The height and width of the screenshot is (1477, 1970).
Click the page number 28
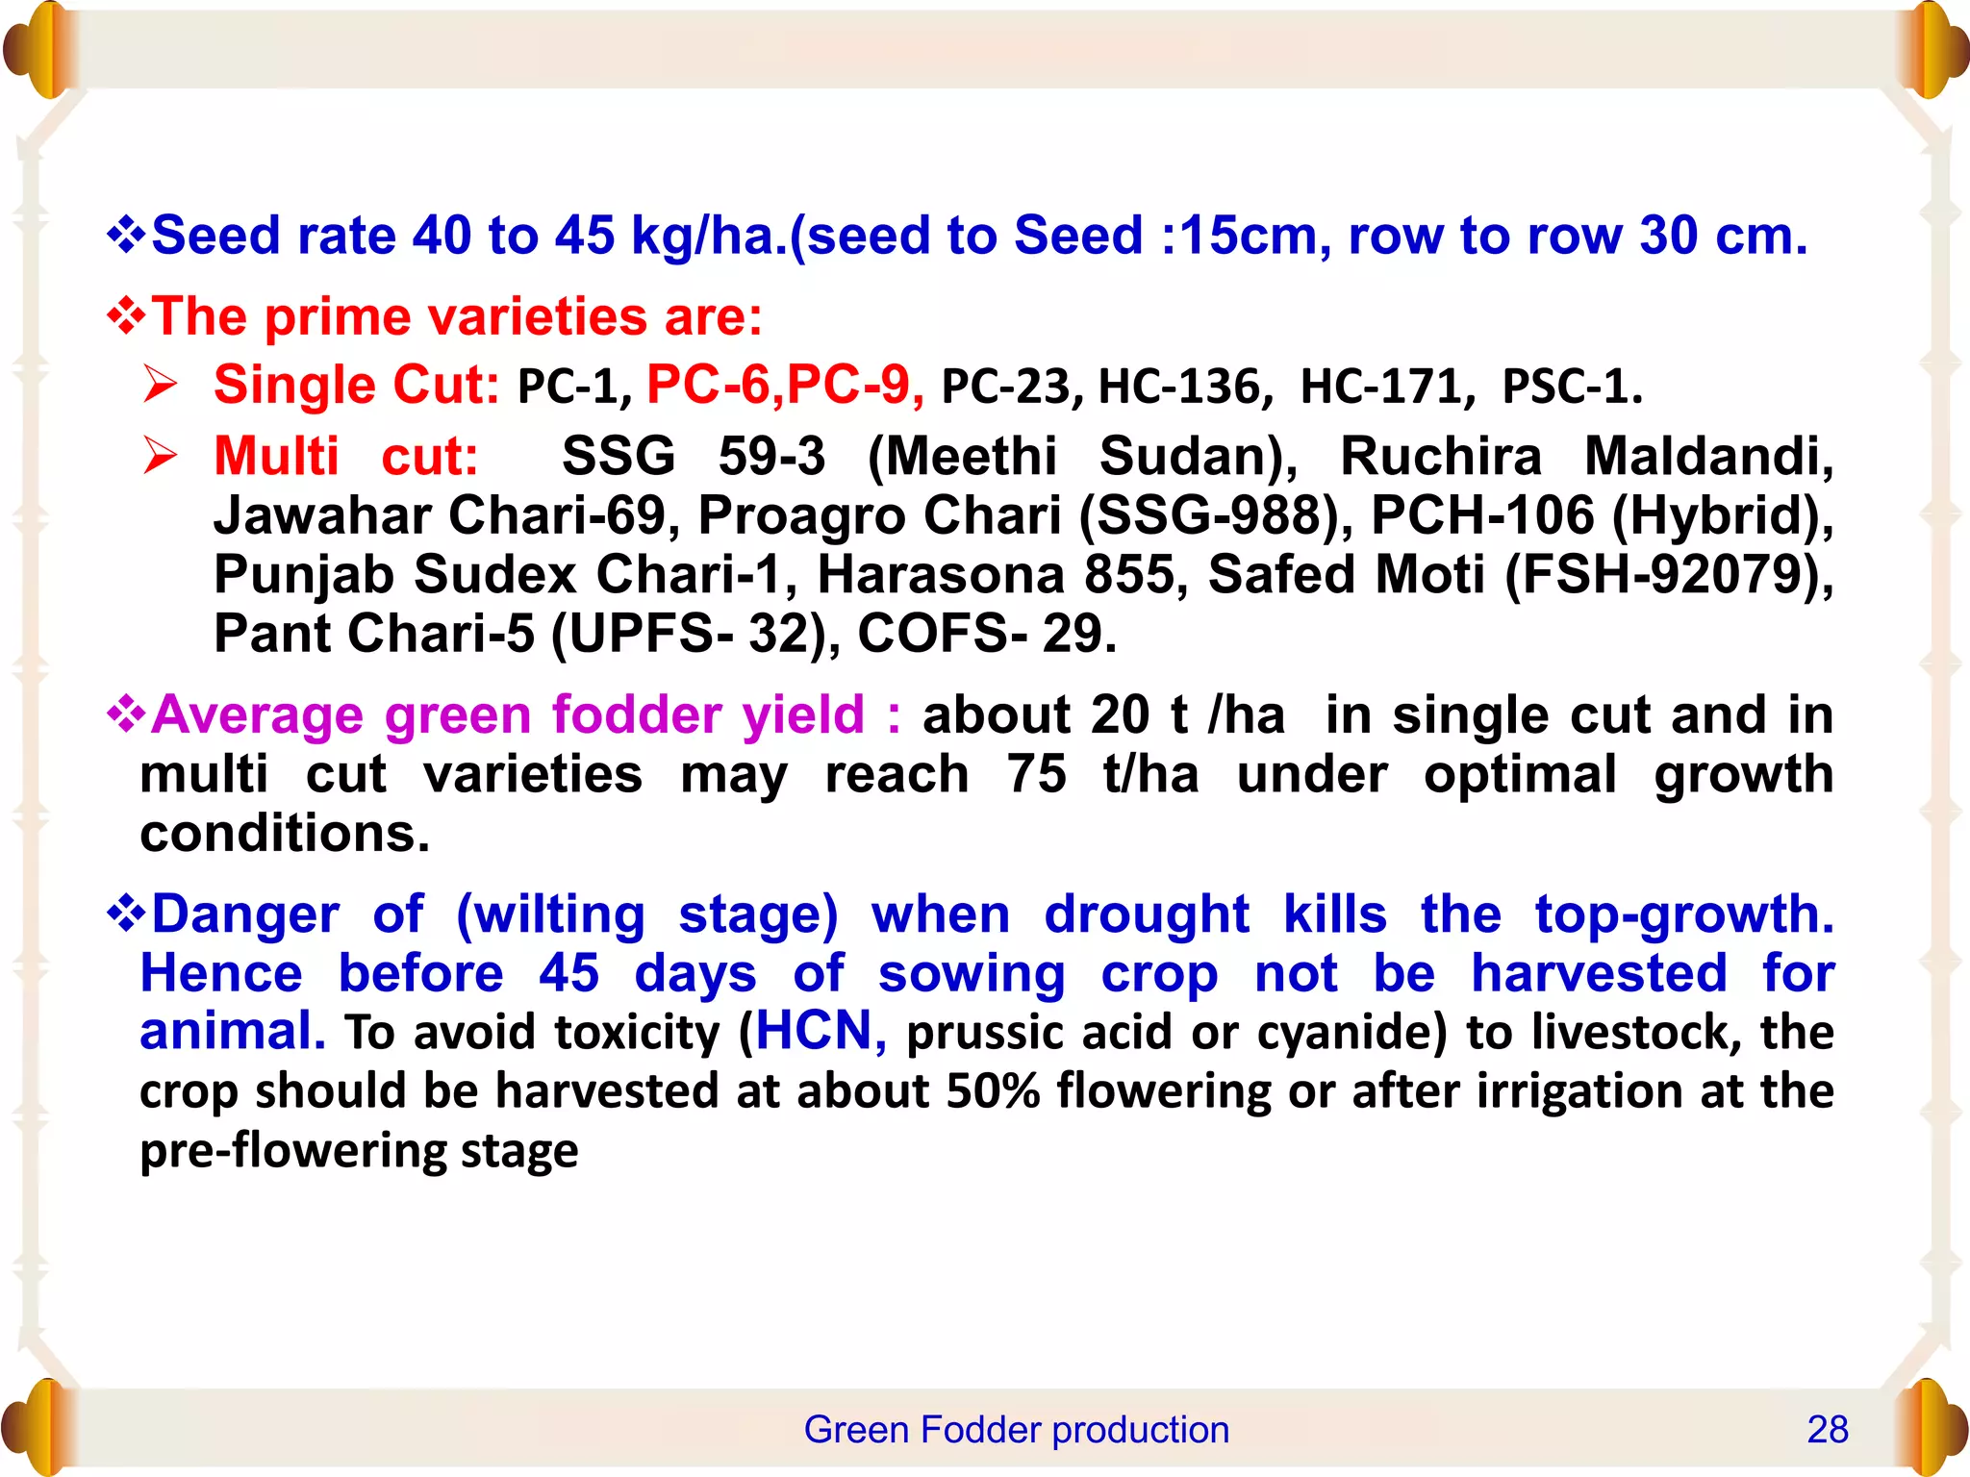(1827, 1430)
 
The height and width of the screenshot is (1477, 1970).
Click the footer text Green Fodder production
(1016, 1430)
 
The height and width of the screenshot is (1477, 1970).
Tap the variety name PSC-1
(1572, 387)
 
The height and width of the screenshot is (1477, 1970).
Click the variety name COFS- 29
(986, 634)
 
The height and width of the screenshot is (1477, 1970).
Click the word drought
(1146, 914)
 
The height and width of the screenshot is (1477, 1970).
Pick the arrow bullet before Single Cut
(161, 385)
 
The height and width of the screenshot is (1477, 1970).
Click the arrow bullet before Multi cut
(161, 456)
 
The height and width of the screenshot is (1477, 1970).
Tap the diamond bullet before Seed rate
(126, 235)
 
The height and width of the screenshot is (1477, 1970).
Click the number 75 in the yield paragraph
(1036, 774)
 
